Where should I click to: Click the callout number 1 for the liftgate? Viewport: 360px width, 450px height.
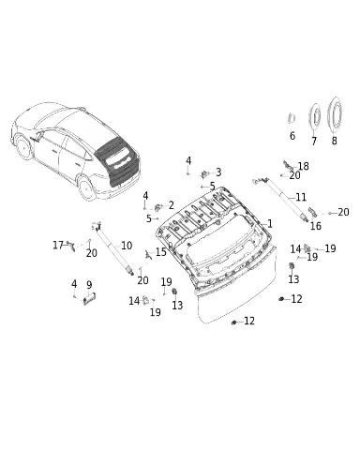pyautogui.click(x=270, y=224)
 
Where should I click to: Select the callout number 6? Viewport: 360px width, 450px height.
pyautogui.click(x=292, y=136)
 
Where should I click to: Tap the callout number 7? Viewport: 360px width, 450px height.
pyautogui.click(x=314, y=141)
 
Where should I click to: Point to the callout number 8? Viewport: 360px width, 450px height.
pyautogui.click(x=334, y=141)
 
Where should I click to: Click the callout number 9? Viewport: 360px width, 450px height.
pyautogui.click(x=89, y=285)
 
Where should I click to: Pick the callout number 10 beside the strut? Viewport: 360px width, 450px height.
pyautogui.click(x=127, y=246)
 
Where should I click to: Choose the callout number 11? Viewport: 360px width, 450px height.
pyautogui.click(x=301, y=197)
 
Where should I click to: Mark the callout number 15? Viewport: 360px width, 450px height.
pyautogui.click(x=161, y=252)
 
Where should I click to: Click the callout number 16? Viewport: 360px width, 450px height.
pyautogui.click(x=316, y=226)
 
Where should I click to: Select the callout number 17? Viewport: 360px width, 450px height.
pyautogui.click(x=58, y=245)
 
